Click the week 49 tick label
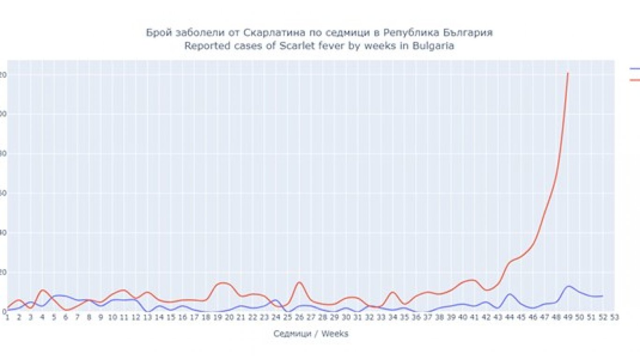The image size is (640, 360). pyautogui.click(x=567, y=317)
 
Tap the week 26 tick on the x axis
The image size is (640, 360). pyautogui.click(x=299, y=317)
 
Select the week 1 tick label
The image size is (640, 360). pyautogui.click(x=7, y=317)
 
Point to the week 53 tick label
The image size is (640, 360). pyautogui.click(x=614, y=317)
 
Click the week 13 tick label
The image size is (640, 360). pyautogui.click(x=147, y=317)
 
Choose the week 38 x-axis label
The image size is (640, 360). pyautogui.click(x=439, y=317)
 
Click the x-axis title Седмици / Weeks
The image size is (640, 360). pyautogui.click(x=311, y=334)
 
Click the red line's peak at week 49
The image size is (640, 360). pyautogui.click(x=568, y=73)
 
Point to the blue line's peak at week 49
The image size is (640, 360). pyautogui.click(x=568, y=286)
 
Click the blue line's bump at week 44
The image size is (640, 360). pyautogui.click(x=510, y=294)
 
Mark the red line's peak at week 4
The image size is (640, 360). pyautogui.click(x=43, y=290)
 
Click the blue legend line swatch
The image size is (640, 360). pyautogui.click(x=635, y=68)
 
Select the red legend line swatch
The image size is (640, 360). pyautogui.click(x=635, y=80)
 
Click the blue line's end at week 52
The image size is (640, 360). pyautogui.click(x=602, y=296)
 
